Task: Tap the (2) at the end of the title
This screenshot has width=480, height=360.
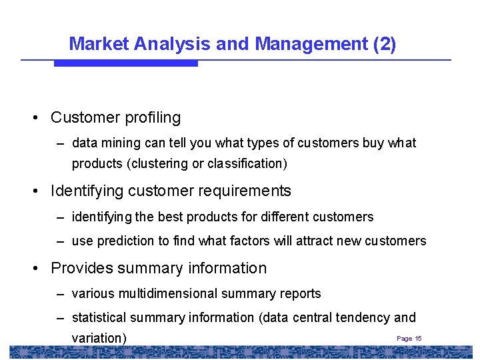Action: (x=385, y=44)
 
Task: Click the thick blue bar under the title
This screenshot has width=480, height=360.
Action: (x=125, y=63)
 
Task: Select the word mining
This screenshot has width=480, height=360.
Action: (x=118, y=143)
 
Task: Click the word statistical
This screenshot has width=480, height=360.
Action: (x=99, y=318)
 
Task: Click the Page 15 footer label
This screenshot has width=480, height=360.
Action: (x=409, y=339)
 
